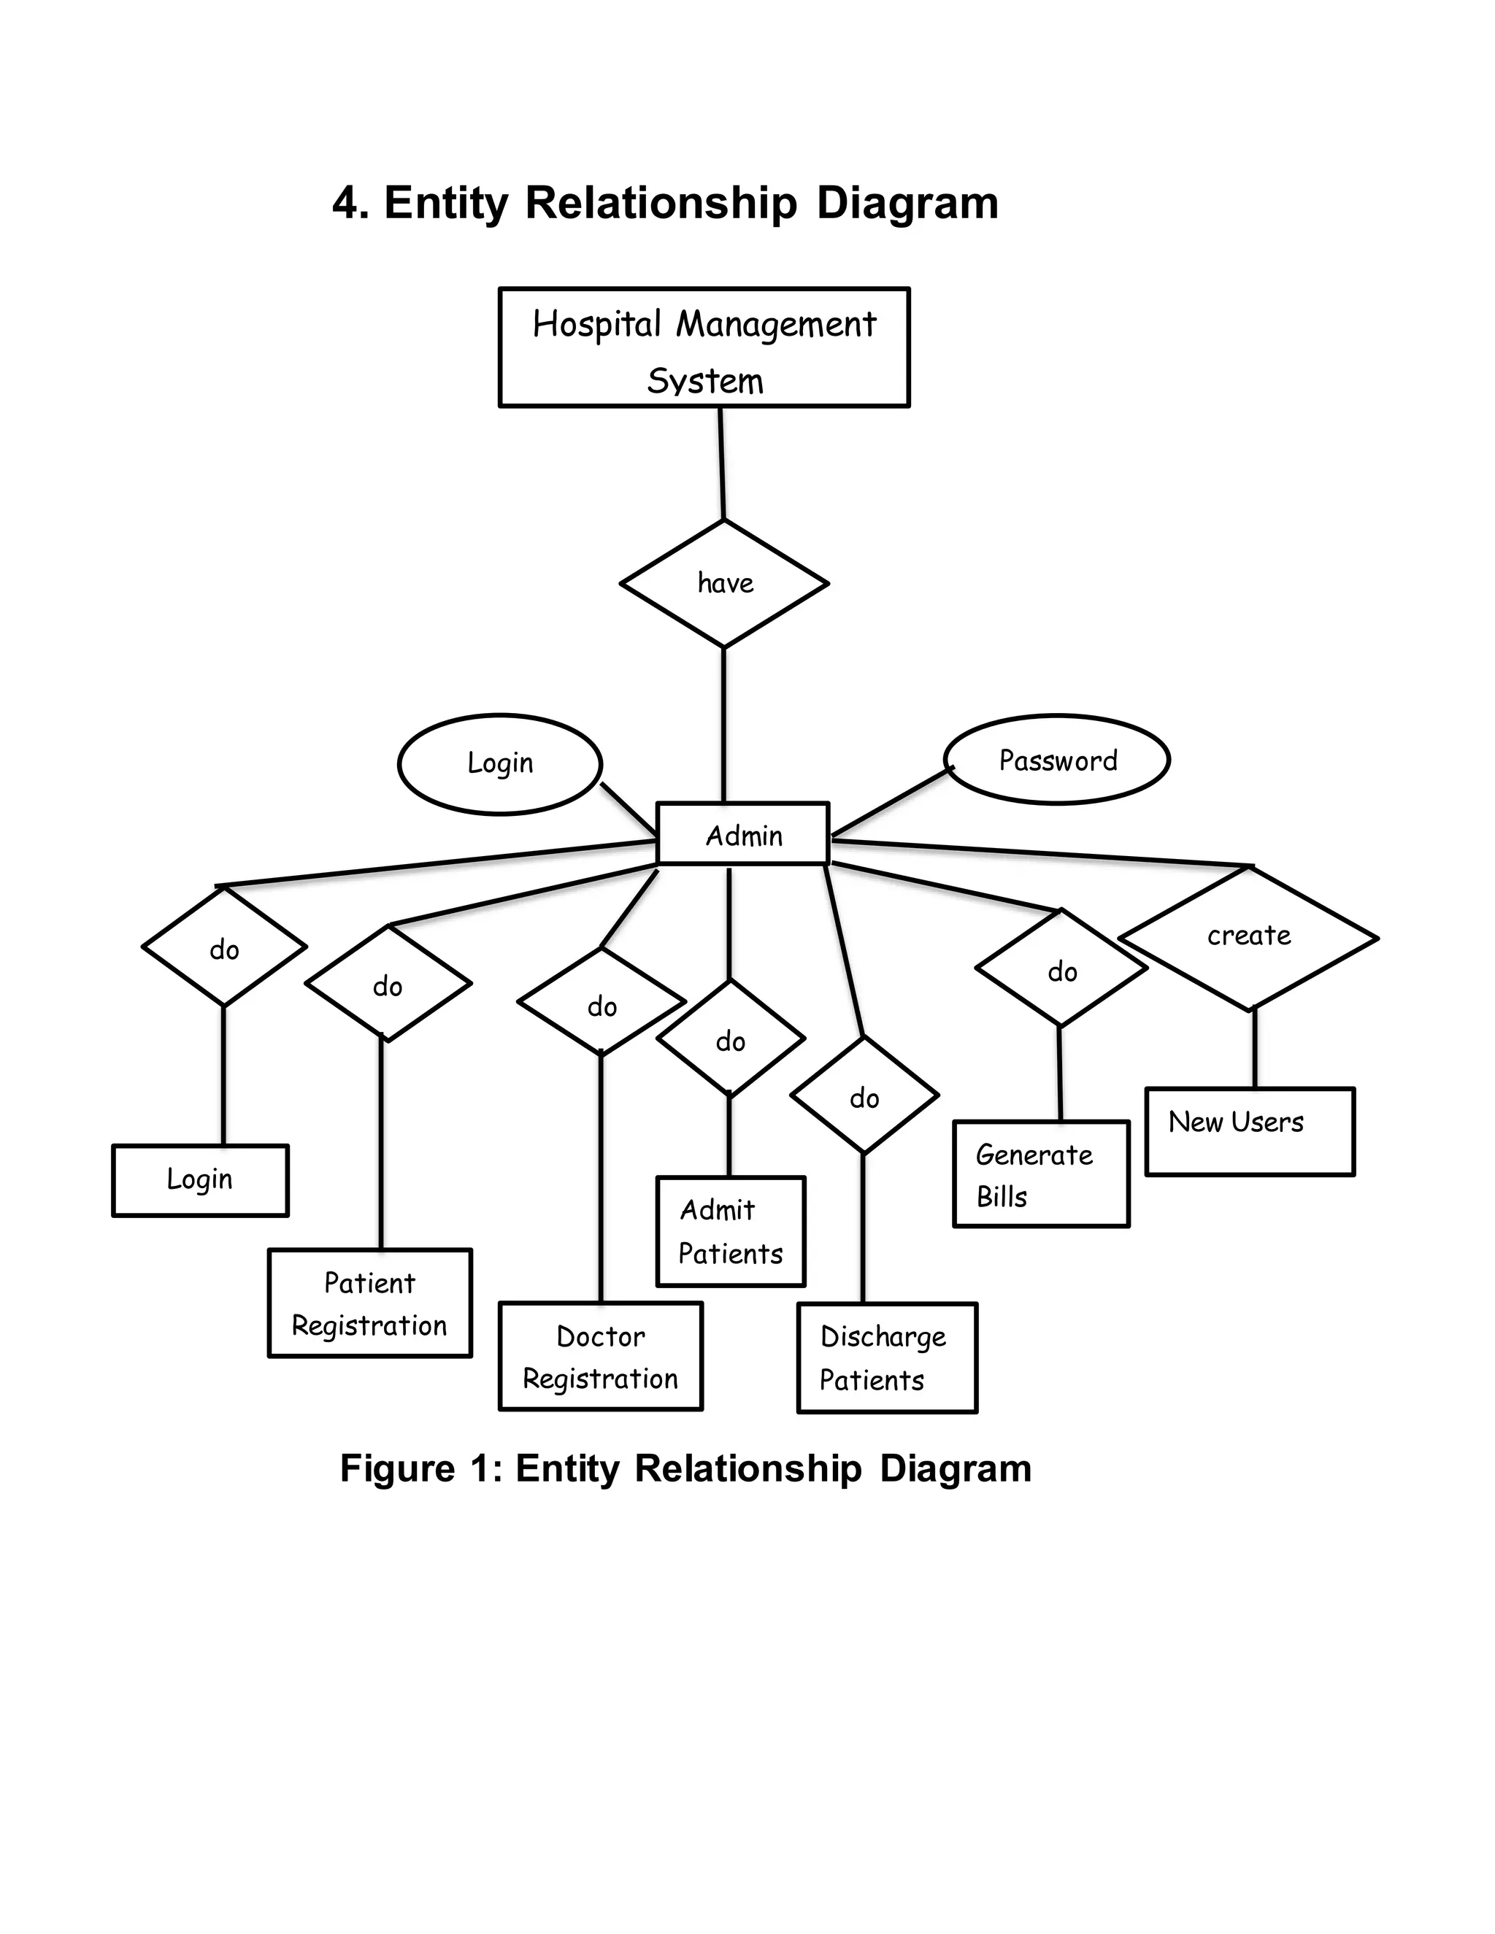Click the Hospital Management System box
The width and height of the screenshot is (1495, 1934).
coord(704,348)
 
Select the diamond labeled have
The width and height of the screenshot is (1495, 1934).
coord(724,584)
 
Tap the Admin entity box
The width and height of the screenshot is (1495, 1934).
coord(743,834)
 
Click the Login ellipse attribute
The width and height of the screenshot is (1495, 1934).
coord(500,763)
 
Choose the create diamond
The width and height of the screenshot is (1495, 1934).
coord(1249,937)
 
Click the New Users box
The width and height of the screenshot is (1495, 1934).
coord(1250,1132)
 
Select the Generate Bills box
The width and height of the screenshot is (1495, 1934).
coord(1041,1174)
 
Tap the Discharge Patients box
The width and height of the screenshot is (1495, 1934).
coord(886,1357)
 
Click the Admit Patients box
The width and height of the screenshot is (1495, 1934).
coord(731,1232)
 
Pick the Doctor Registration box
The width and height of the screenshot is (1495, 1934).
coord(601,1356)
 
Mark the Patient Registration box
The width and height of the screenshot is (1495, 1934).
coord(370,1303)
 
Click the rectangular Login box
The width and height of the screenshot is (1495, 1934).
coord(200,1180)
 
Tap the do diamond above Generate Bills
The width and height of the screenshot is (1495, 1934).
coord(1061,970)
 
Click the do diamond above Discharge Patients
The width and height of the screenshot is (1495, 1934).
coord(864,1096)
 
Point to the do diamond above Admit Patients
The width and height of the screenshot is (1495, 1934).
coord(731,1039)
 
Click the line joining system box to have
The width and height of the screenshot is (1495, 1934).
coord(722,463)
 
